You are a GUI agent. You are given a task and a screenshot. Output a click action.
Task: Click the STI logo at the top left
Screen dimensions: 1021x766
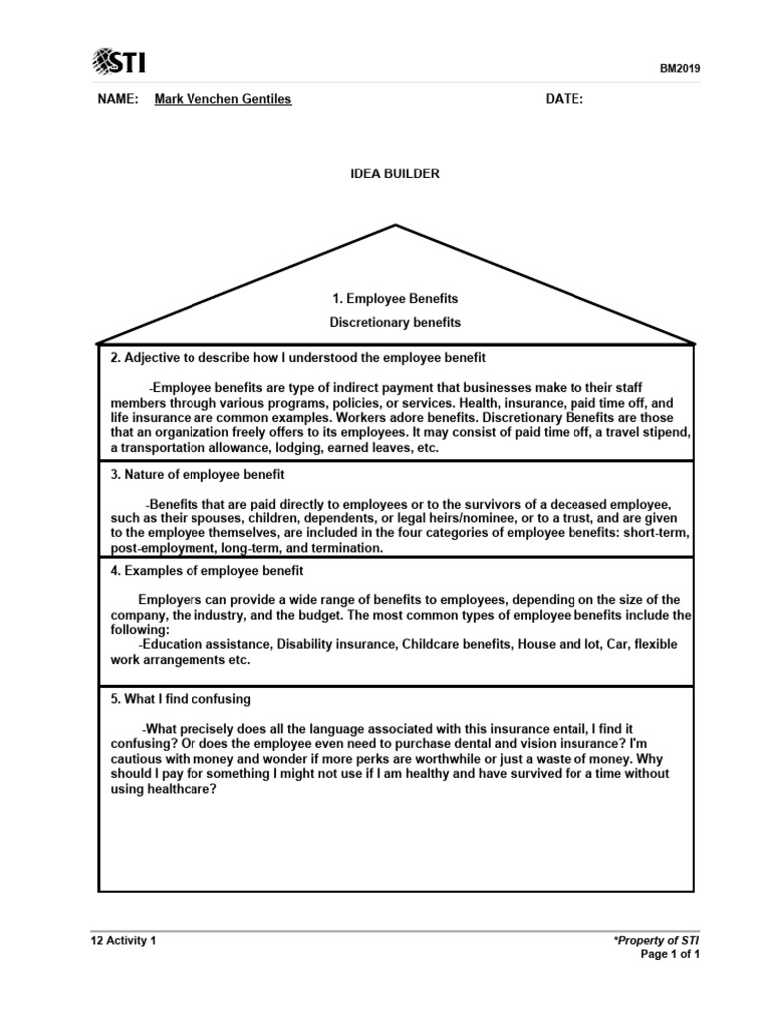tap(118, 62)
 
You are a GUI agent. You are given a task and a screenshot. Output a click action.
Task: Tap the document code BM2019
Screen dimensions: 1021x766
tap(681, 68)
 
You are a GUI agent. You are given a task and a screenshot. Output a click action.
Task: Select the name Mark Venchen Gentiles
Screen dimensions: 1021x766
tap(222, 99)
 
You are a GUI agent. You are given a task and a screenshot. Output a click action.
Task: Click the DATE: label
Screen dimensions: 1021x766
tap(564, 99)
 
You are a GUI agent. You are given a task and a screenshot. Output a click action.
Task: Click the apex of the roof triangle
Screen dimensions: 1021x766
tap(397, 226)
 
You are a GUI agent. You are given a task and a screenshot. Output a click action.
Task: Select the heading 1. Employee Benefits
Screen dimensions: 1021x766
tap(395, 298)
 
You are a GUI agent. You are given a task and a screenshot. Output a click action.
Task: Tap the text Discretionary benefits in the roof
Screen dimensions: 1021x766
tap(395, 322)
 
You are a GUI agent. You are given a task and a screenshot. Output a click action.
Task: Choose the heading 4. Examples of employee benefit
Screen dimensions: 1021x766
tap(206, 571)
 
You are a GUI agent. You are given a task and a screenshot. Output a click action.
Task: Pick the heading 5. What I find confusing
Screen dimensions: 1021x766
tap(181, 699)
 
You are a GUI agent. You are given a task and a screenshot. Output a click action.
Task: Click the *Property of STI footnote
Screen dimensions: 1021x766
tap(657, 940)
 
